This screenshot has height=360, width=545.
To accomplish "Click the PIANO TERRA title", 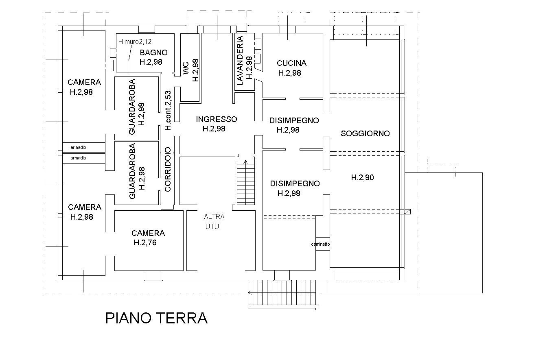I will click(x=156, y=318).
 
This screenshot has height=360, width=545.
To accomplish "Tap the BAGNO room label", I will click(x=153, y=52).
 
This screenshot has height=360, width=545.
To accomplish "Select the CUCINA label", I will click(x=291, y=63).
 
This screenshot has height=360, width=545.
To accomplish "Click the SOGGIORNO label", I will click(x=365, y=133).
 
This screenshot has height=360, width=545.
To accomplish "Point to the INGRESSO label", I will click(x=216, y=119).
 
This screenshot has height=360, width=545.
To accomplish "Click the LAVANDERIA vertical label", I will click(x=240, y=61).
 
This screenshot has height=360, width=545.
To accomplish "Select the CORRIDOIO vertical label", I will click(x=168, y=169).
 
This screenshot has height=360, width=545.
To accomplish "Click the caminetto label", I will click(x=320, y=244).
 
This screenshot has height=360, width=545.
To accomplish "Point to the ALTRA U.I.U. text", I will click(x=214, y=222).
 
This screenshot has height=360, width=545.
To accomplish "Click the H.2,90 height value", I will click(x=362, y=177).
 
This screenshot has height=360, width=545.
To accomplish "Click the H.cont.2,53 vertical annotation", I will click(x=168, y=110).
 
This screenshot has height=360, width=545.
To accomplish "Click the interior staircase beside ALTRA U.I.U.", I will click(x=245, y=182).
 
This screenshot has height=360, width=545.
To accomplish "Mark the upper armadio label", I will click(x=78, y=147).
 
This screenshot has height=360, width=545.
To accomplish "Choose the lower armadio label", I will click(x=78, y=158).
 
